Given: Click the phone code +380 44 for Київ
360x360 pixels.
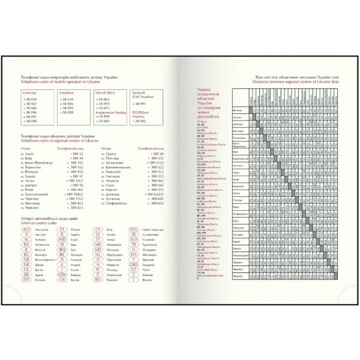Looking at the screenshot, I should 75,158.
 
